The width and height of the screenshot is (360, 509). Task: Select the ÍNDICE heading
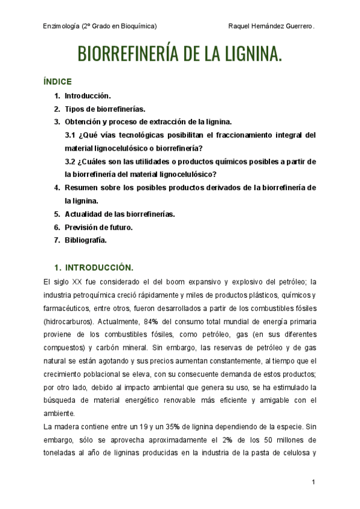[58, 82]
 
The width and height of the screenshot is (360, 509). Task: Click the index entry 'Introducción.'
[88, 96]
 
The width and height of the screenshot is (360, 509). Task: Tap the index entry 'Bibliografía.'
[86, 240]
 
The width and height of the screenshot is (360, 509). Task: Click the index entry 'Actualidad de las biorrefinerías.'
[119, 214]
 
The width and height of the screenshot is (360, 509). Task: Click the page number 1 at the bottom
[314, 483]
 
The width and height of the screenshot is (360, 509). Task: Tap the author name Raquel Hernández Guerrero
[272, 26]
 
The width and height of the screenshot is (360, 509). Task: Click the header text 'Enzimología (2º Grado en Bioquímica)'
[100, 26]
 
